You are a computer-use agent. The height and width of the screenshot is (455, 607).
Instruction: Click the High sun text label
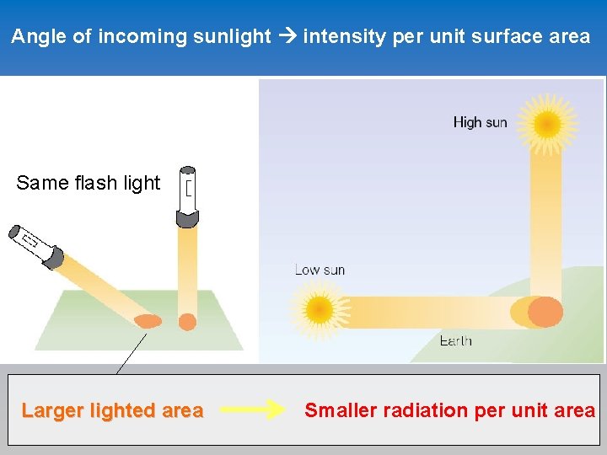click(x=480, y=122)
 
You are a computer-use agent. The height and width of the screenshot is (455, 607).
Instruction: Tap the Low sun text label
click(x=320, y=270)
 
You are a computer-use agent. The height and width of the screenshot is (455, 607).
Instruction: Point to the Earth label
click(x=455, y=340)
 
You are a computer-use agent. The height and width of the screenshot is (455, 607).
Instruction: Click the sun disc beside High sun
click(x=547, y=125)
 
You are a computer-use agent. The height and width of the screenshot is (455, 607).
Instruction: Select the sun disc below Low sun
click(x=320, y=308)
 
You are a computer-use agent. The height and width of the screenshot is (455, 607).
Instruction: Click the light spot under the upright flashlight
click(x=187, y=322)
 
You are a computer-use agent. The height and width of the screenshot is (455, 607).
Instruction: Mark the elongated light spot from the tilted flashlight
click(x=148, y=321)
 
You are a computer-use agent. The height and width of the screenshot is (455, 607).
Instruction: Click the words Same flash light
click(x=88, y=183)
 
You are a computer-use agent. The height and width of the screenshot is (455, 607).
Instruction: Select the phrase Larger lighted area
click(x=112, y=411)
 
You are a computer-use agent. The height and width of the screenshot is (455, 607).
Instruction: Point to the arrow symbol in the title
click(x=287, y=36)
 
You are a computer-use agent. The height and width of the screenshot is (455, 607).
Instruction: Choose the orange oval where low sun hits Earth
click(x=544, y=312)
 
